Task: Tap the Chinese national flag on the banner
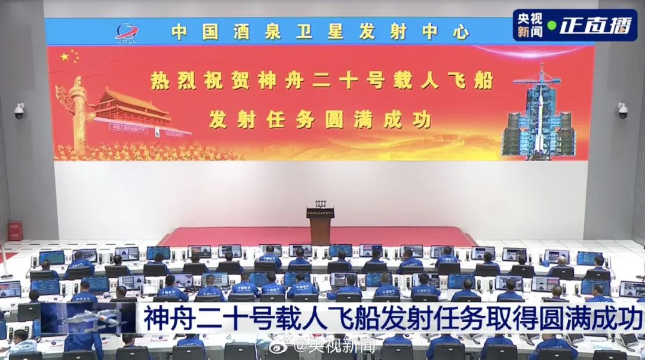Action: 69,57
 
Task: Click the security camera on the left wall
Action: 19,110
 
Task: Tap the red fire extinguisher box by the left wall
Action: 15,230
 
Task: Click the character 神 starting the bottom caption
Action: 156,318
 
